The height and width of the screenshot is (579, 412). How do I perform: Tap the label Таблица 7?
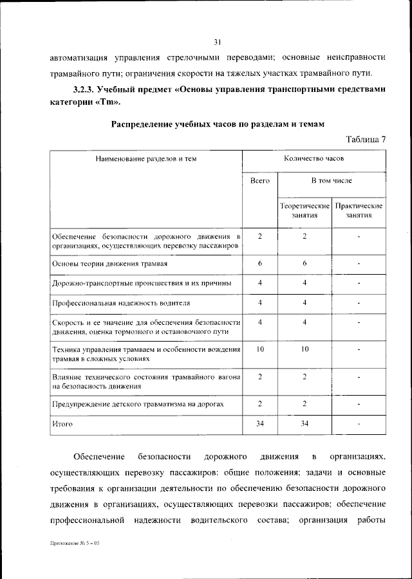(366, 140)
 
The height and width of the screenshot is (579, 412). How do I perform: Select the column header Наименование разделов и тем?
(146, 158)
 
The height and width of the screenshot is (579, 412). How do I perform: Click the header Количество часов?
(314, 158)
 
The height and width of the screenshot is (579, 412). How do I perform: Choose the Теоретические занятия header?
(304, 210)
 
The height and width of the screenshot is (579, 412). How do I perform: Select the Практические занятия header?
(359, 210)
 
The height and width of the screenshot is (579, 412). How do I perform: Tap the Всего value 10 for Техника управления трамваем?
(259, 349)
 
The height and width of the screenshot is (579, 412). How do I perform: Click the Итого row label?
(62, 424)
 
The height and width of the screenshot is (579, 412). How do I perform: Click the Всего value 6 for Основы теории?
(259, 263)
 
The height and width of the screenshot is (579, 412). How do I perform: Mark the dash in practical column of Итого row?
(359, 424)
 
